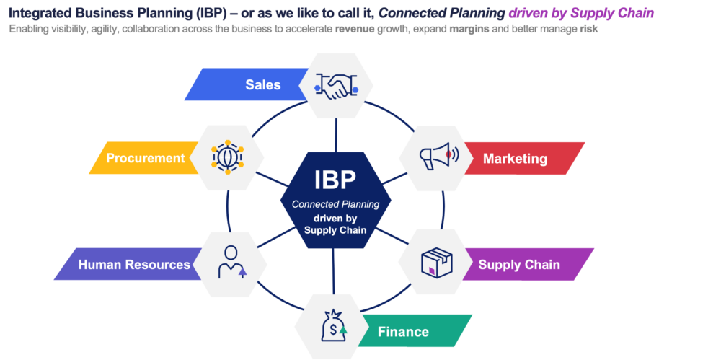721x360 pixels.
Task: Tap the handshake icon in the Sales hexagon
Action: pos(336,86)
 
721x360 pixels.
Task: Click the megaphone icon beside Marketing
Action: pos(437,157)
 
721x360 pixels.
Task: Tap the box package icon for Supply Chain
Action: pos(438,262)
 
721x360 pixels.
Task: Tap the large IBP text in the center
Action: pos(335,180)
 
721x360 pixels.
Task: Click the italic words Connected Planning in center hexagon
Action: pos(335,205)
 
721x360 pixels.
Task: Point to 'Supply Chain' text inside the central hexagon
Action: pos(335,230)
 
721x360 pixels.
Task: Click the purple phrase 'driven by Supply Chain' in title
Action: pos(581,13)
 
